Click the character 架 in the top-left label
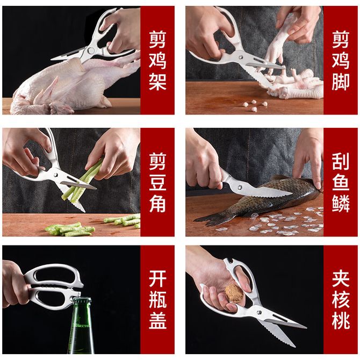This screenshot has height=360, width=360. (157, 82)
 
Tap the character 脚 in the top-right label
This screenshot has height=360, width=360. (341, 82)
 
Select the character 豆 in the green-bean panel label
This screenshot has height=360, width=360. (157, 183)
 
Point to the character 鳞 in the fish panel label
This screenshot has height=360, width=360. (341, 204)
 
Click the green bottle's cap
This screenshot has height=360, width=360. (82, 300)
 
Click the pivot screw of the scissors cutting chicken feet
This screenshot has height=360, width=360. (240, 56)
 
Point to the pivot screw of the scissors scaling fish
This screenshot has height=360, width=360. (240, 187)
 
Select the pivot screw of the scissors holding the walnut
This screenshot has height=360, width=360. (259, 312)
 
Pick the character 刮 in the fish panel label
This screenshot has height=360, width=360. (341, 162)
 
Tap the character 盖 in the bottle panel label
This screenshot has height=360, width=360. (157, 320)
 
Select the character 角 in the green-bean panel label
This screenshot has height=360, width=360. (157, 204)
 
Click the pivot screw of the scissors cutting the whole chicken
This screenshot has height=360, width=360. (91, 51)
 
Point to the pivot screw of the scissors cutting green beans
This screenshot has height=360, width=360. (55, 175)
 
